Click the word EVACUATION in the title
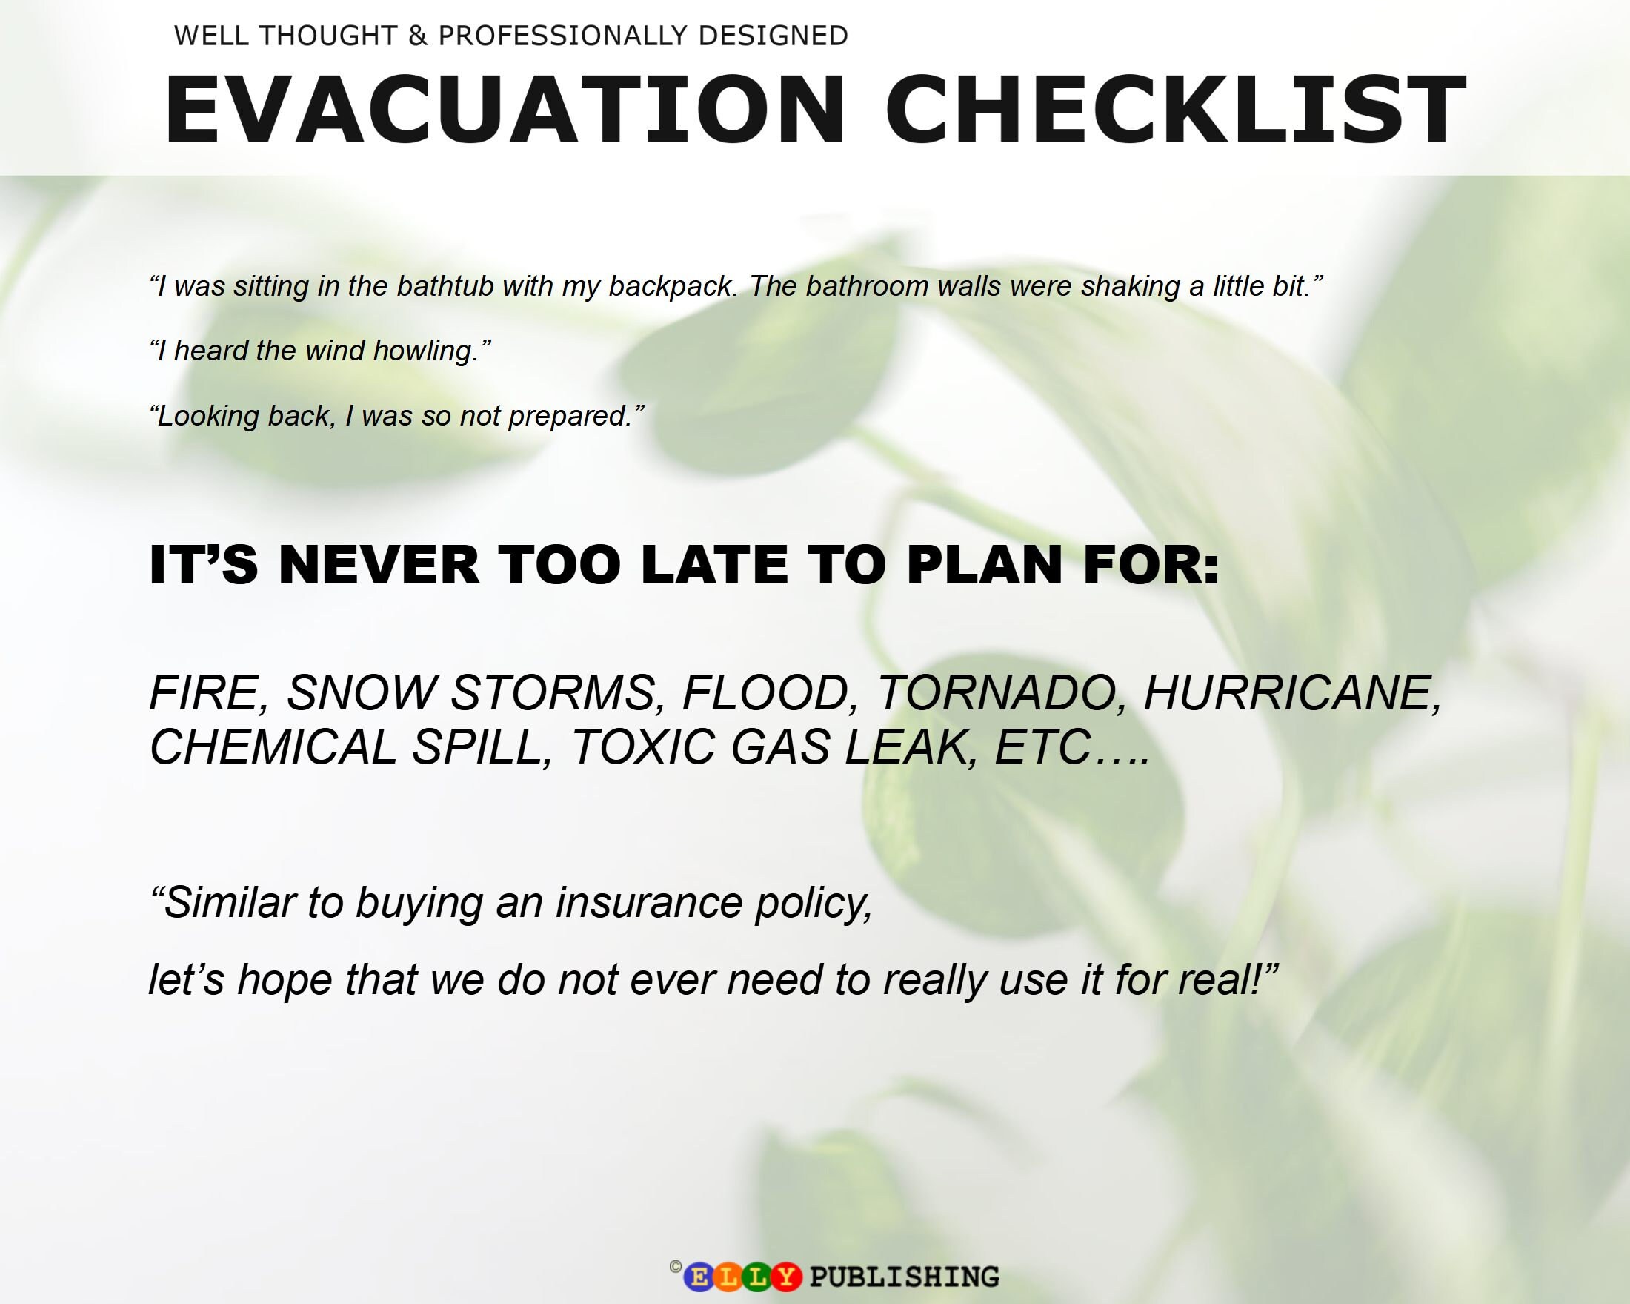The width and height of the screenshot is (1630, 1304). (503, 110)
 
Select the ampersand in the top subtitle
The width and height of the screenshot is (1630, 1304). (417, 36)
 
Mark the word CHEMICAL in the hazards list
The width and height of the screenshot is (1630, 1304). (273, 747)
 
